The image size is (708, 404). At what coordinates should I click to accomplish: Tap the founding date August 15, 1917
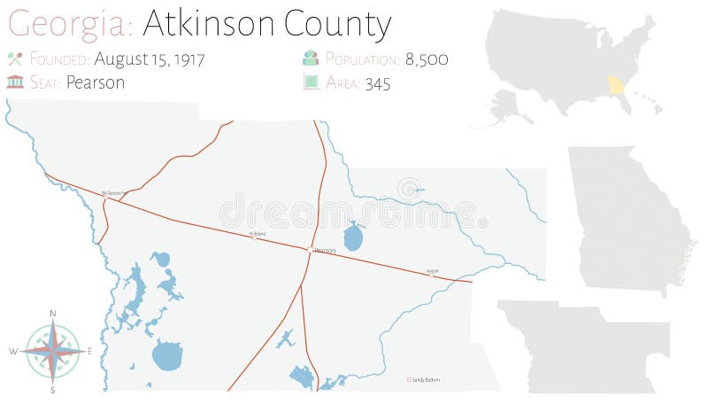coord(149,59)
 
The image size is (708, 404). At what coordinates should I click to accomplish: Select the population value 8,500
coord(427,59)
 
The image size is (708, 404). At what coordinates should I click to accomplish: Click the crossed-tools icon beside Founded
coord(14,59)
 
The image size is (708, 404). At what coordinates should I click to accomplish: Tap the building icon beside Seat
coord(14,82)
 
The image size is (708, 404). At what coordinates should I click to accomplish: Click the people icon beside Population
coord(311,59)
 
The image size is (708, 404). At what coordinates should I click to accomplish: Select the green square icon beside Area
coord(311,82)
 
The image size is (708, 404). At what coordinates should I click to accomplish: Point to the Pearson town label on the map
coord(325,251)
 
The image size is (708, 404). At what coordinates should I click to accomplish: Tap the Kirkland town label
coord(258,234)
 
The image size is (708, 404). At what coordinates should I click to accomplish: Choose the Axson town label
coord(432,270)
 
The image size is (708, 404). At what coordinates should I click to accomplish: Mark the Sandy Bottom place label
coord(426,380)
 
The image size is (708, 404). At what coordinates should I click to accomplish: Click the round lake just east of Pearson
coord(353,237)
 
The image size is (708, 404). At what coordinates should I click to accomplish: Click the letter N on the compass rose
coord(53,314)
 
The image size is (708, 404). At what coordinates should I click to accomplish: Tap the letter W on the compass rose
coord(13,352)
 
